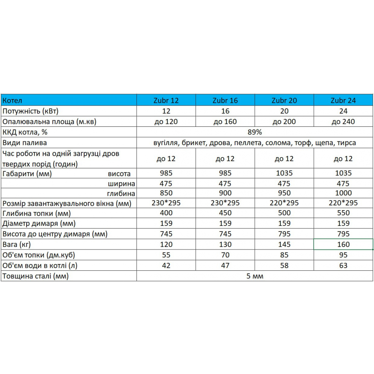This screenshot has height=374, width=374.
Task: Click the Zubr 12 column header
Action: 166,101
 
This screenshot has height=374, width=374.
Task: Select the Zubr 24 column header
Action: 343,101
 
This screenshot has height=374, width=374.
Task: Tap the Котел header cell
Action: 12,101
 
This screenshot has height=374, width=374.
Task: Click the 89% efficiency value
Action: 254,132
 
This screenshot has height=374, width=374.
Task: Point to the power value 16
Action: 225,111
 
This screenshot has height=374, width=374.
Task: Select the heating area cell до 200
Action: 284,122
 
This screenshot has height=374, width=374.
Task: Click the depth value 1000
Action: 343,193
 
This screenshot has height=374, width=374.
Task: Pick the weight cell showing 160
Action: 343,245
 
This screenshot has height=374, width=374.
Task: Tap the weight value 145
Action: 284,245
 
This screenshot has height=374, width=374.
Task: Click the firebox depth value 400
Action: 166,213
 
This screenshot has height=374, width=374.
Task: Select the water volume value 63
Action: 343,266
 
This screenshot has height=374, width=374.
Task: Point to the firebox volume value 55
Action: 166,255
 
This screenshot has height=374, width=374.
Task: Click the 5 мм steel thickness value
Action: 254,276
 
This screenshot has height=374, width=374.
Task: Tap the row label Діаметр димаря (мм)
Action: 39,224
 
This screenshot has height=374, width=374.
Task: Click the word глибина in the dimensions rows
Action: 121,193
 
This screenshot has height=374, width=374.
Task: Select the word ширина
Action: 122,184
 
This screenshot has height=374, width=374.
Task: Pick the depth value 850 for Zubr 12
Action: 166,193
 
